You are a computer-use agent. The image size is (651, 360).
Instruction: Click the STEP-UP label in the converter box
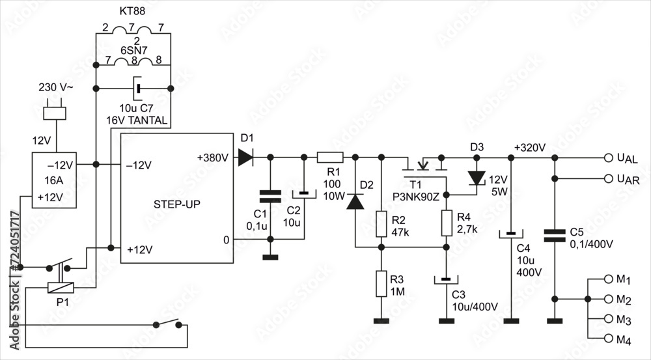pos(177,204)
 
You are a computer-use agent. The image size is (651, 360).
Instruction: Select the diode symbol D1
pos(245,157)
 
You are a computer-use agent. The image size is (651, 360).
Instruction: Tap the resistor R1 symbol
pos(330,157)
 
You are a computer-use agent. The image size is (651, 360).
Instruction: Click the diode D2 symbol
pos(355,202)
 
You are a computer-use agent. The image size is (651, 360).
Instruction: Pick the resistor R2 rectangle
pos(382,223)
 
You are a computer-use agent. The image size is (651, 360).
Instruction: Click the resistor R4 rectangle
pos(447,223)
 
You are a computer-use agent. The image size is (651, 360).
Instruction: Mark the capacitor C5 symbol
pos(555,235)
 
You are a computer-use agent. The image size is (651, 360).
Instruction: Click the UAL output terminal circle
pos(609,158)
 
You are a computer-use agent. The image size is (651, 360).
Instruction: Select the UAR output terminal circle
pos(609,178)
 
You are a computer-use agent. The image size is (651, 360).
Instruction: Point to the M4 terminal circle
pos(609,339)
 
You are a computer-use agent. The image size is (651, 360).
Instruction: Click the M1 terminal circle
pos(609,279)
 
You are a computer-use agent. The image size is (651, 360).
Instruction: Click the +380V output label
pos(212,158)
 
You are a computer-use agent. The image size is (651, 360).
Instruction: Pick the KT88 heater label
pos(132,12)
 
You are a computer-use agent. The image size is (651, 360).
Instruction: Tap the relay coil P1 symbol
pos(61,286)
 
